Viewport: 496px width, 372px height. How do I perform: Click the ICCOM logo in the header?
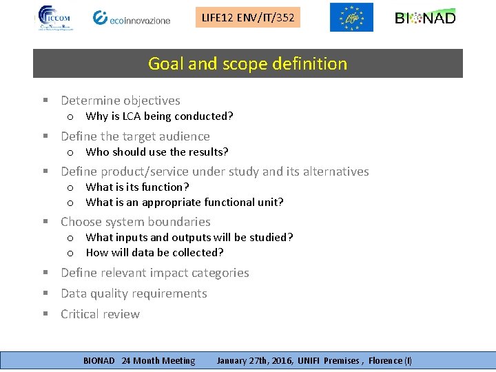coord(57,18)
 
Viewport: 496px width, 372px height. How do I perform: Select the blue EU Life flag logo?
coord(351,17)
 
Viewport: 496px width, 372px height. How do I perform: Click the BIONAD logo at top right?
coord(425,18)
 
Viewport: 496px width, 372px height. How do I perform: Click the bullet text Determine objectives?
coord(121,101)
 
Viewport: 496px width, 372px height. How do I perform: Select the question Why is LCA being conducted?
coord(159,116)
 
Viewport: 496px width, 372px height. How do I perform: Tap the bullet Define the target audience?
coord(135,136)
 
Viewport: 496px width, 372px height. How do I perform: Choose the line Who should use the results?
coord(157,152)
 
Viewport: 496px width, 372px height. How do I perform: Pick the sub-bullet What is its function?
coord(137,187)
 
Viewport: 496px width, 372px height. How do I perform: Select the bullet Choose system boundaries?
coord(136,222)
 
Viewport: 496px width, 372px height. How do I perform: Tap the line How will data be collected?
coord(154,253)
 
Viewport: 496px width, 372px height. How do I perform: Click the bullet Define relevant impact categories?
coord(155,273)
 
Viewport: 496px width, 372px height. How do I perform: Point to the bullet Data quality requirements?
coord(134,293)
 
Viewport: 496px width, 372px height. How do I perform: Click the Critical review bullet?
coord(100,314)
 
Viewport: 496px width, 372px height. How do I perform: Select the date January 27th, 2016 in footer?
coord(256,360)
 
